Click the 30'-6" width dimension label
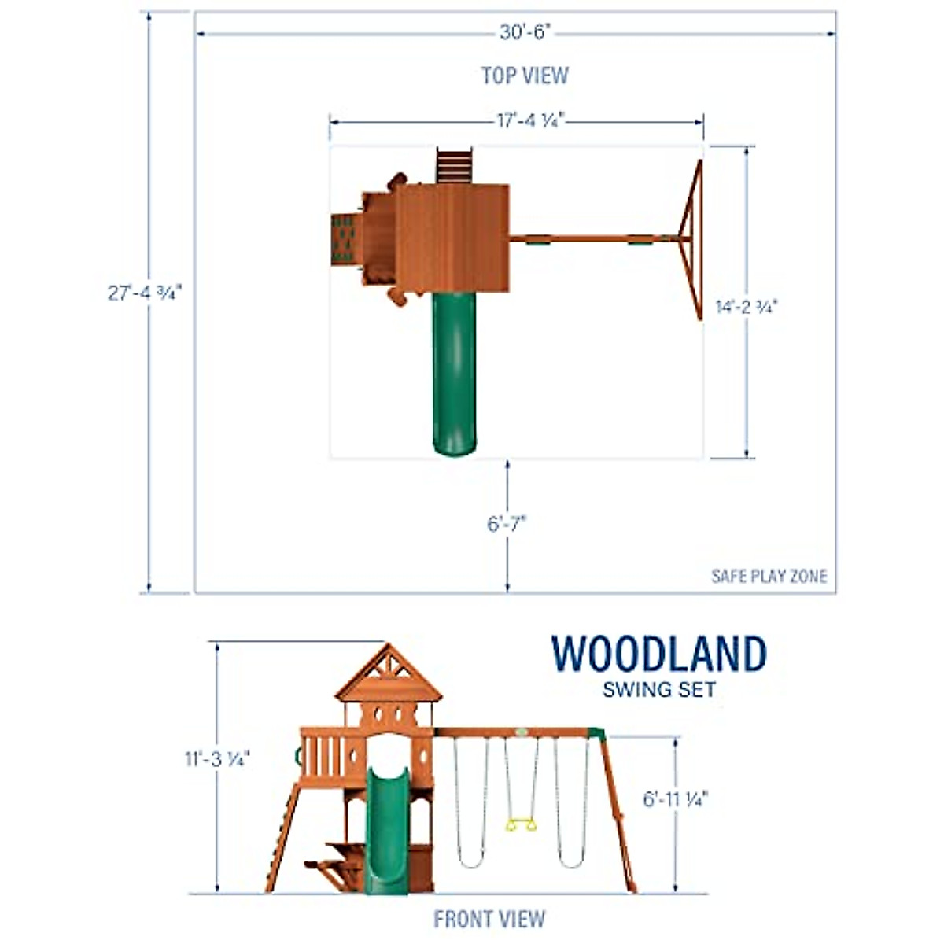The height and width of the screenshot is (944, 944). point(525,31)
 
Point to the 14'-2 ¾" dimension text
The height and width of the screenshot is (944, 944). point(746,307)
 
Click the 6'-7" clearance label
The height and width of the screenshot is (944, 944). point(506,523)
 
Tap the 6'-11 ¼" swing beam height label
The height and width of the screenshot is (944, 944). point(676,798)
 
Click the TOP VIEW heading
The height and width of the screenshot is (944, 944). point(525,76)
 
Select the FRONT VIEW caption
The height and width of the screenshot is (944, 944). point(489,918)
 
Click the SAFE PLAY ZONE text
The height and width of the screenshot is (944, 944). point(769,576)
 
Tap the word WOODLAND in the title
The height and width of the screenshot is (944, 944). point(658,655)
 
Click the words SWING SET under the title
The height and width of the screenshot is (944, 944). point(658,691)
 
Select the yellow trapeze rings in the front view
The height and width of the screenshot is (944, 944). point(519,824)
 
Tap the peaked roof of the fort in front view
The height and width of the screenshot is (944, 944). point(388,677)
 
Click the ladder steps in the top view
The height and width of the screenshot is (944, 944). point(454,165)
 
